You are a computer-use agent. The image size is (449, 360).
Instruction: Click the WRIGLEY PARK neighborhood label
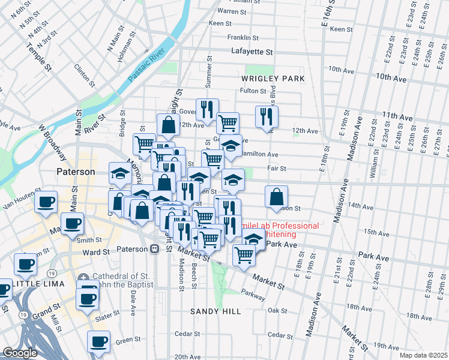(x=273, y=79)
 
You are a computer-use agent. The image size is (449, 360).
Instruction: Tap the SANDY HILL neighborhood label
(x=215, y=311)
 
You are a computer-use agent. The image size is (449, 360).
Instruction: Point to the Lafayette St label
(x=252, y=52)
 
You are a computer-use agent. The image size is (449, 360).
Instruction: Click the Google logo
(x=20, y=353)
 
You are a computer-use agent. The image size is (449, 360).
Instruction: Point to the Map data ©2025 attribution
(x=423, y=355)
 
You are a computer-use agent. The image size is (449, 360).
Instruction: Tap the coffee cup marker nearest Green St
(x=98, y=341)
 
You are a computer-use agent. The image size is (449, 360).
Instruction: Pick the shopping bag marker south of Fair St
(x=276, y=196)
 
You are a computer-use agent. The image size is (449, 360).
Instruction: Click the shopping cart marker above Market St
(x=244, y=254)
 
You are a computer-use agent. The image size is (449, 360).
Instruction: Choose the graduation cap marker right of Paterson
(x=120, y=173)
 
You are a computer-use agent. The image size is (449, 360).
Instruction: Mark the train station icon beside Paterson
(x=154, y=249)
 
